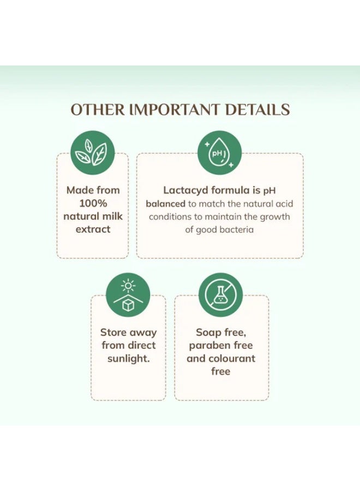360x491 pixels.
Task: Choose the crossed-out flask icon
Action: click(x=221, y=295)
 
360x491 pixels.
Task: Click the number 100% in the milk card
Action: click(x=92, y=203)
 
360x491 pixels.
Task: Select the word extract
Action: click(x=93, y=229)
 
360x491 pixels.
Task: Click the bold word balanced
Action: click(x=166, y=203)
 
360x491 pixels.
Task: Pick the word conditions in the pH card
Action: click(x=173, y=217)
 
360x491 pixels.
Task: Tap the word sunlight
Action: click(x=128, y=358)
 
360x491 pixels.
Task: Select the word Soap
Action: click(x=208, y=332)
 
